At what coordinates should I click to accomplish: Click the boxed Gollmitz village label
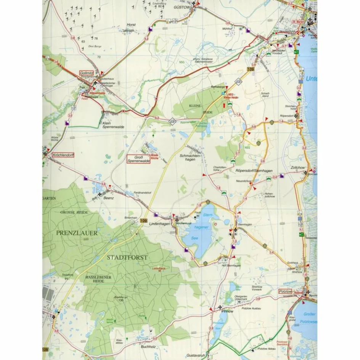[x=87, y=72]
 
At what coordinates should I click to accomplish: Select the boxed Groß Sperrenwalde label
[x=138, y=159]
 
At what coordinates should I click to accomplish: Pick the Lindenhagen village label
[x=159, y=224]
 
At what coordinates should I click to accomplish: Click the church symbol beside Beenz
[x=100, y=194]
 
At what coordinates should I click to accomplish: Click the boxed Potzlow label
[x=285, y=291]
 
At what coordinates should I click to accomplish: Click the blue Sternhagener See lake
[x=198, y=233]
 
